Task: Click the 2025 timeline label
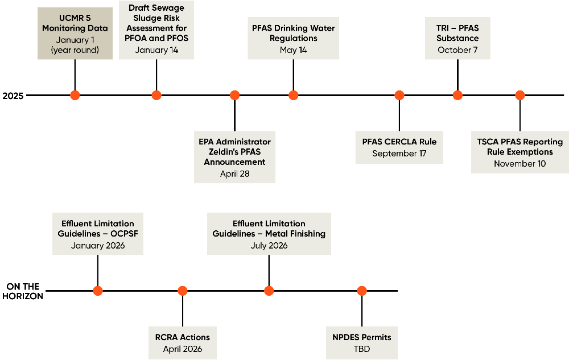(x=13, y=96)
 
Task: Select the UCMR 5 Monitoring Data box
(x=75, y=34)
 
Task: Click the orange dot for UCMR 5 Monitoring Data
(x=75, y=96)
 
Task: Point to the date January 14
(x=156, y=50)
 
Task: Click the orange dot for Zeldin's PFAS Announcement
(x=234, y=96)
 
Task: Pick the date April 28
(x=234, y=173)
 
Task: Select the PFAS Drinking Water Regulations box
(x=294, y=39)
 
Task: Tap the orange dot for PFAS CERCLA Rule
(x=399, y=96)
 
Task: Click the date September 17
(x=399, y=154)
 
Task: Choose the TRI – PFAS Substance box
(x=457, y=39)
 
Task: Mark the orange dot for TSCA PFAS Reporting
(x=520, y=96)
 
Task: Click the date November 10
(x=520, y=164)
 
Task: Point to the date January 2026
(x=98, y=246)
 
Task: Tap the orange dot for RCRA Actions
(x=183, y=291)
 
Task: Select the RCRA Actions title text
(x=183, y=337)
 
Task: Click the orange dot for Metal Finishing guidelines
(x=269, y=291)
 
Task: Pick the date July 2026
(x=269, y=246)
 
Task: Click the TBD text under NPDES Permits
(x=362, y=349)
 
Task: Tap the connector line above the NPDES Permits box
(x=362, y=311)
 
